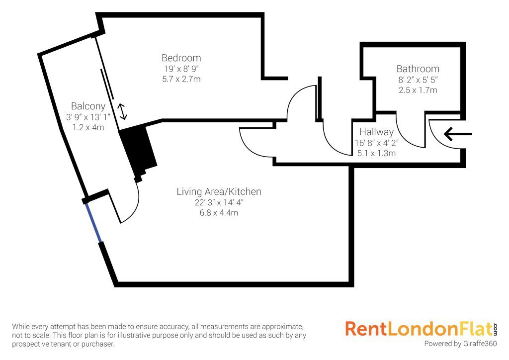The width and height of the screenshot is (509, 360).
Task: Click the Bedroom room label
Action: coord(181,58)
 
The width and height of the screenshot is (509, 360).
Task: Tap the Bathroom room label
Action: coord(418,69)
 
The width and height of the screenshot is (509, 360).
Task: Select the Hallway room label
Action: coord(376,132)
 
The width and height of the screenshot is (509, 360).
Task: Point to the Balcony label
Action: coord(88,106)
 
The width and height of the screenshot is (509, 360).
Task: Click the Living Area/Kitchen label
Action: coord(219,191)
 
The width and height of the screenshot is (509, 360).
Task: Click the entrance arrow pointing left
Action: coord(457,134)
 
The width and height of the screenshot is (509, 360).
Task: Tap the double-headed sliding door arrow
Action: coord(122,111)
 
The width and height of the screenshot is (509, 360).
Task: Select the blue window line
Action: coord(93,222)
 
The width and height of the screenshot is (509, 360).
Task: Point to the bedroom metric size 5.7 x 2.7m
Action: coord(181,79)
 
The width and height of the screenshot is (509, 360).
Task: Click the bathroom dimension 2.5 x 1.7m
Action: coord(418,90)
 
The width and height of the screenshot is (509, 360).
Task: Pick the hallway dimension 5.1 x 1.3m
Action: coord(376,153)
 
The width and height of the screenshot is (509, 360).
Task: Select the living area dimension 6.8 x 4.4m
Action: coord(219,213)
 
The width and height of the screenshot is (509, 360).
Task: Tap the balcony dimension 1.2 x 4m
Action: coord(88,127)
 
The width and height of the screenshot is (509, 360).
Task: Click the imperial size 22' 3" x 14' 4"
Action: coord(219,202)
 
